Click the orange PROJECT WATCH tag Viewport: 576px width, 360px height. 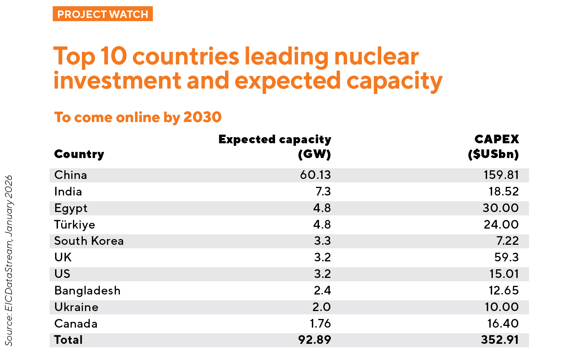pos(103,14)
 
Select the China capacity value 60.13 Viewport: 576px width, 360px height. pos(315,175)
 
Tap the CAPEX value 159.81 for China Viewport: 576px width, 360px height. pos(501,175)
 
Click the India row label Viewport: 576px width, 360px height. pos(68,192)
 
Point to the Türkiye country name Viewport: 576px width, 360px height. pos(75,225)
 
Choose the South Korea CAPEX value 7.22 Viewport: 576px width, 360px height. pos(508,241)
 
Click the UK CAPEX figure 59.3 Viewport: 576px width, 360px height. pos(507,257)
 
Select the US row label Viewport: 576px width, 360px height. pos(62,274)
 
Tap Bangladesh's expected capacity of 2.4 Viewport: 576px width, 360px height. pos(322,291)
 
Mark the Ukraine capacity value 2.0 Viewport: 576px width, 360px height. pos(322,307)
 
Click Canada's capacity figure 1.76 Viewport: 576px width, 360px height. pos(320,324)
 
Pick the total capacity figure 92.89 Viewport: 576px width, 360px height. pos(315,340)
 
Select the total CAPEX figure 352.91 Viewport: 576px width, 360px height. pos(500,340)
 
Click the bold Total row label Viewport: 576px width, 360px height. pos(68,340)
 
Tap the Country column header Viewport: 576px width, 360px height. pos(79,154)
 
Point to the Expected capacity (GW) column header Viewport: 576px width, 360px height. pos(275,147)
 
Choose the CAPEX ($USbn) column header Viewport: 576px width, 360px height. pos(494,147)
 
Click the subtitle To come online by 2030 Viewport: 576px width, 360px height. pos(138,117)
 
